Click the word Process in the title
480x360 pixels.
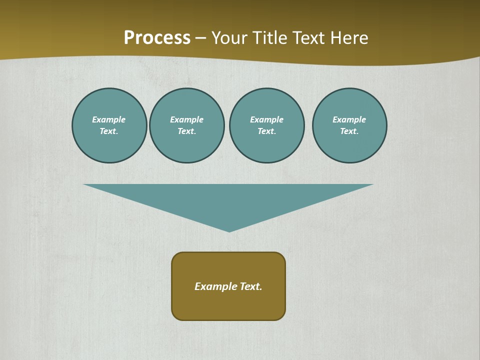(x=157, y=38)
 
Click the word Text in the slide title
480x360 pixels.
(x=310, y=38)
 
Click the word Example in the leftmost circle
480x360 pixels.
(x=109, y=119)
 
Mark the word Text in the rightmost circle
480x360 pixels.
(x=349, y=131)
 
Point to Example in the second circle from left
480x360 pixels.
(x=186, y=119)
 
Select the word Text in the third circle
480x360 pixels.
(x=266, y=131)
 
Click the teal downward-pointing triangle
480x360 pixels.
(x=229, y=200)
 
